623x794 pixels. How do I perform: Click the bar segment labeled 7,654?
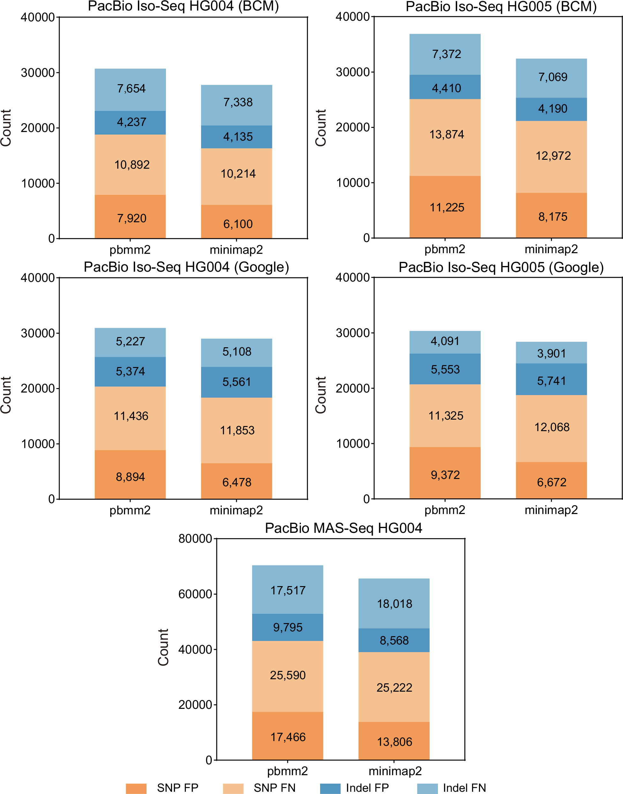pos(130,90)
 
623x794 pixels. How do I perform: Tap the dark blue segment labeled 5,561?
pos(236,382)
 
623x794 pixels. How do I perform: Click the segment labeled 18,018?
pos(394,603)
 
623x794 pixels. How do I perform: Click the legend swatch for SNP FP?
pos(136,788)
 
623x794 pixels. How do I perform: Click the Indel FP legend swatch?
pos(330,788)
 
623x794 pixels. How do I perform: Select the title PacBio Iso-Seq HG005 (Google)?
pos(501,267)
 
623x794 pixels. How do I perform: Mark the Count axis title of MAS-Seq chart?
pos(163,647)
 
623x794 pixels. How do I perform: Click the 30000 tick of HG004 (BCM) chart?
pos(38,72)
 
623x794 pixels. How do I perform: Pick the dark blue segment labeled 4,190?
pos(551,109)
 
